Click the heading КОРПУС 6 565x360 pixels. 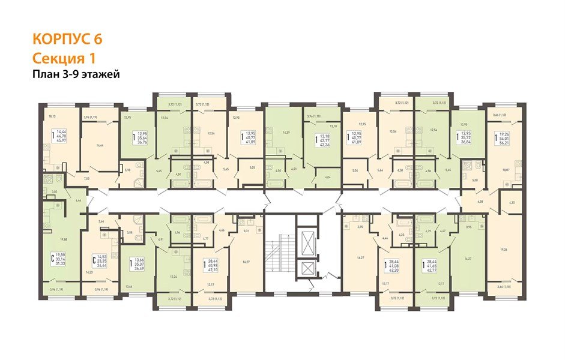pyautogui.click(x=67, y=39)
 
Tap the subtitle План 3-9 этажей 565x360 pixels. pyautogui.click(x=76, y=74)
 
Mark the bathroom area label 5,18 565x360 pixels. pyautogui.click(x=127, y=170)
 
